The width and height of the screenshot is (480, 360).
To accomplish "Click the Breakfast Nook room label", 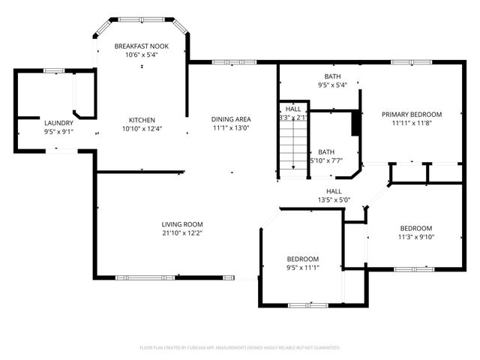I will click(141, 46).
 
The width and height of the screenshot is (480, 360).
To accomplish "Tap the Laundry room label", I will click(58, 123).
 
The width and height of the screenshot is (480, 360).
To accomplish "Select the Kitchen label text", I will click(141, 120).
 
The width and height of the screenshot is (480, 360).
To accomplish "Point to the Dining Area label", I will click(230, 119).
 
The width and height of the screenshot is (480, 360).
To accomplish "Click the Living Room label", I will click(182, 224).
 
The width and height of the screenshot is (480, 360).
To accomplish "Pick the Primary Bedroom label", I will click(411, 115).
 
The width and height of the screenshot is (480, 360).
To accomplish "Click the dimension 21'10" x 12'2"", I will click(182, 233).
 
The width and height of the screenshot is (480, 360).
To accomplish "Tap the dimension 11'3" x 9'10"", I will click(415, 238).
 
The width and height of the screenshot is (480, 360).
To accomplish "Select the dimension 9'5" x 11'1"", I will click(302, 268).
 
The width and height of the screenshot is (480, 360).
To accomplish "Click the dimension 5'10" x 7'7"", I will click(326, 160).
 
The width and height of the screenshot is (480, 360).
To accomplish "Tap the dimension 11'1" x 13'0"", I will click(230, 128).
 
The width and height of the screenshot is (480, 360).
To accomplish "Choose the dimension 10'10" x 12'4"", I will click(141, 129).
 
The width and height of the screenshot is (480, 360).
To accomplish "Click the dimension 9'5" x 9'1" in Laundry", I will click(58, 132).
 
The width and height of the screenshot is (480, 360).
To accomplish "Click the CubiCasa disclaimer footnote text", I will click(240, 348).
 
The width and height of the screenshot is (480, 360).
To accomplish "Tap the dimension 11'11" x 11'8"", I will click(411, 124).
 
